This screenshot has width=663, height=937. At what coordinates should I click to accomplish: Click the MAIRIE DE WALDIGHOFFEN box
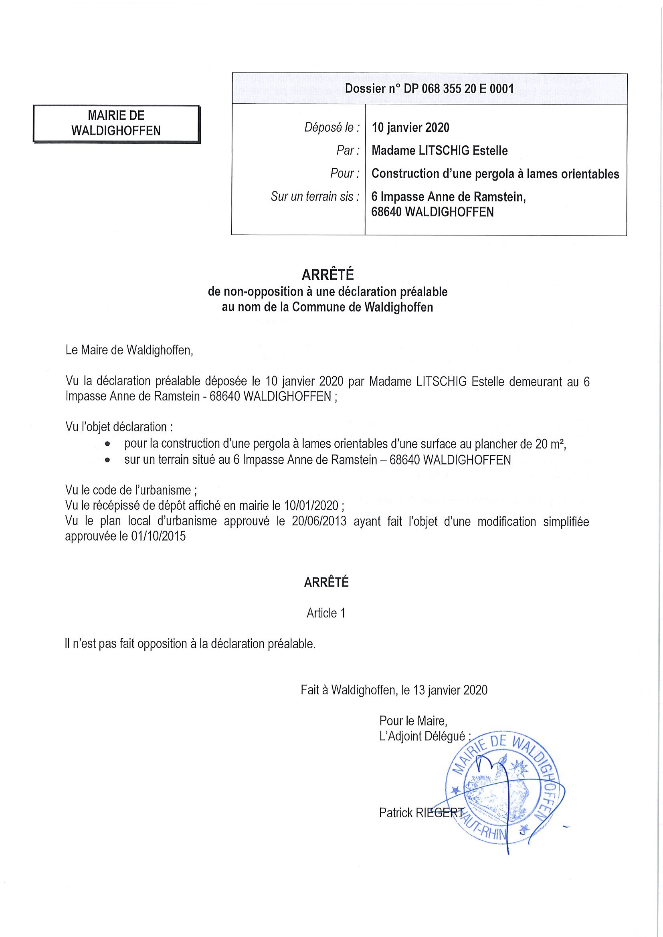point(116,123)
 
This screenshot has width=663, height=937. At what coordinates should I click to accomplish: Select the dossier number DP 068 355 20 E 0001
point(429,88)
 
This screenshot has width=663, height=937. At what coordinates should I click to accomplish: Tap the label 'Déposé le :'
point(332,128)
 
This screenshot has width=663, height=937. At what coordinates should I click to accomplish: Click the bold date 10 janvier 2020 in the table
point(410,128)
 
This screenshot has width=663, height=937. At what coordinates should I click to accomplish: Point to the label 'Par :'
point(348,151)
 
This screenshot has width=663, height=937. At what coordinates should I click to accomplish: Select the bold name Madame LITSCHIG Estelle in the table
point(440,151)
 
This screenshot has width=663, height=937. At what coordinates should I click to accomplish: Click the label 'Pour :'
point(345,174)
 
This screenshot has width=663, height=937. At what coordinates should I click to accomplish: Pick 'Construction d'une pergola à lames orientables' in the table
point(495,174)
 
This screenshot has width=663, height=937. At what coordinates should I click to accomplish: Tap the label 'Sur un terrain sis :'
point(315,197)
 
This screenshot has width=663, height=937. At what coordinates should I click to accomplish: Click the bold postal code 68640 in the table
point(386,212)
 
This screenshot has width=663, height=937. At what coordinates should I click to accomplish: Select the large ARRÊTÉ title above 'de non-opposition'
point(327,275)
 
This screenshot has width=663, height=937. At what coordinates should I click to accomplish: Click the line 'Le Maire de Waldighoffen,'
point(129,350)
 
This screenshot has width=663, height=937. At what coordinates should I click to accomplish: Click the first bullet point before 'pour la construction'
point(107,444)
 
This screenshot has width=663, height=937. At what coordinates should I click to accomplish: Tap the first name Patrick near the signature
point(395,813)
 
